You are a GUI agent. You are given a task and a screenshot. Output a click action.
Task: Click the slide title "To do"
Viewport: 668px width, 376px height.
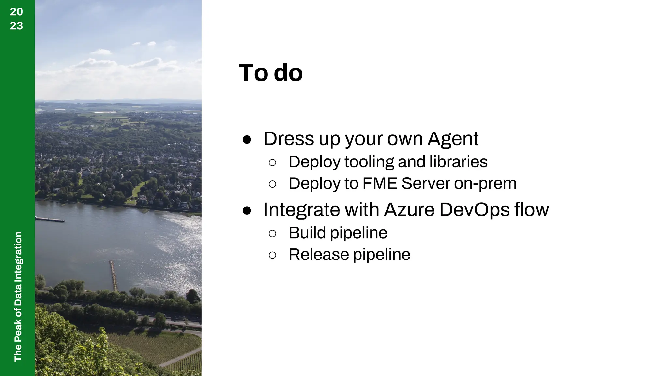pyautogui.click(x=271, y=73)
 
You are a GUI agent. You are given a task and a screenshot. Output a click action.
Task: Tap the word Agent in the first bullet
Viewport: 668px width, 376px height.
pyautogui.click(x=453, y=139)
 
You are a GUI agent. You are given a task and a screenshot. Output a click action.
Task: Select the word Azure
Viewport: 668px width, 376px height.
pyautogui.click(x=409, y=210)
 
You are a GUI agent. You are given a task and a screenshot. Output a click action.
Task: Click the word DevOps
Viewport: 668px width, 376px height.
pyautogui.click(x=474, y=210)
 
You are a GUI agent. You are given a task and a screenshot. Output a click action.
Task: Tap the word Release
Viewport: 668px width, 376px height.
pyautogui.click(x=318, y=254)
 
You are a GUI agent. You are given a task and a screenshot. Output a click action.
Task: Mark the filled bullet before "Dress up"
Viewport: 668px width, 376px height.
pyautogui.click(x=247, y=140)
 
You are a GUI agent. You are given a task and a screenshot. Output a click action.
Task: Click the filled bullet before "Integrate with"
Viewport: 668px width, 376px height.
pyautogui.click(x=247, y=211)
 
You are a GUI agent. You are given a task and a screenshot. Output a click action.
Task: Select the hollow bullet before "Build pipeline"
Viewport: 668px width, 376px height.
pyautogui.click(x=272, y=233)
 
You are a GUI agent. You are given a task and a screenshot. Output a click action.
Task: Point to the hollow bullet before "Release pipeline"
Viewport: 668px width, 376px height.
pyautogui.click(x=272, y=255)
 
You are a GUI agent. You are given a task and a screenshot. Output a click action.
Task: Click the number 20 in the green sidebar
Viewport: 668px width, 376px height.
pyautogui.click(x=16, y=12)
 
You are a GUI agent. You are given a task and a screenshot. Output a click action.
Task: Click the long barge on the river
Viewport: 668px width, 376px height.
pyautogui.click(x=50, y=219)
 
